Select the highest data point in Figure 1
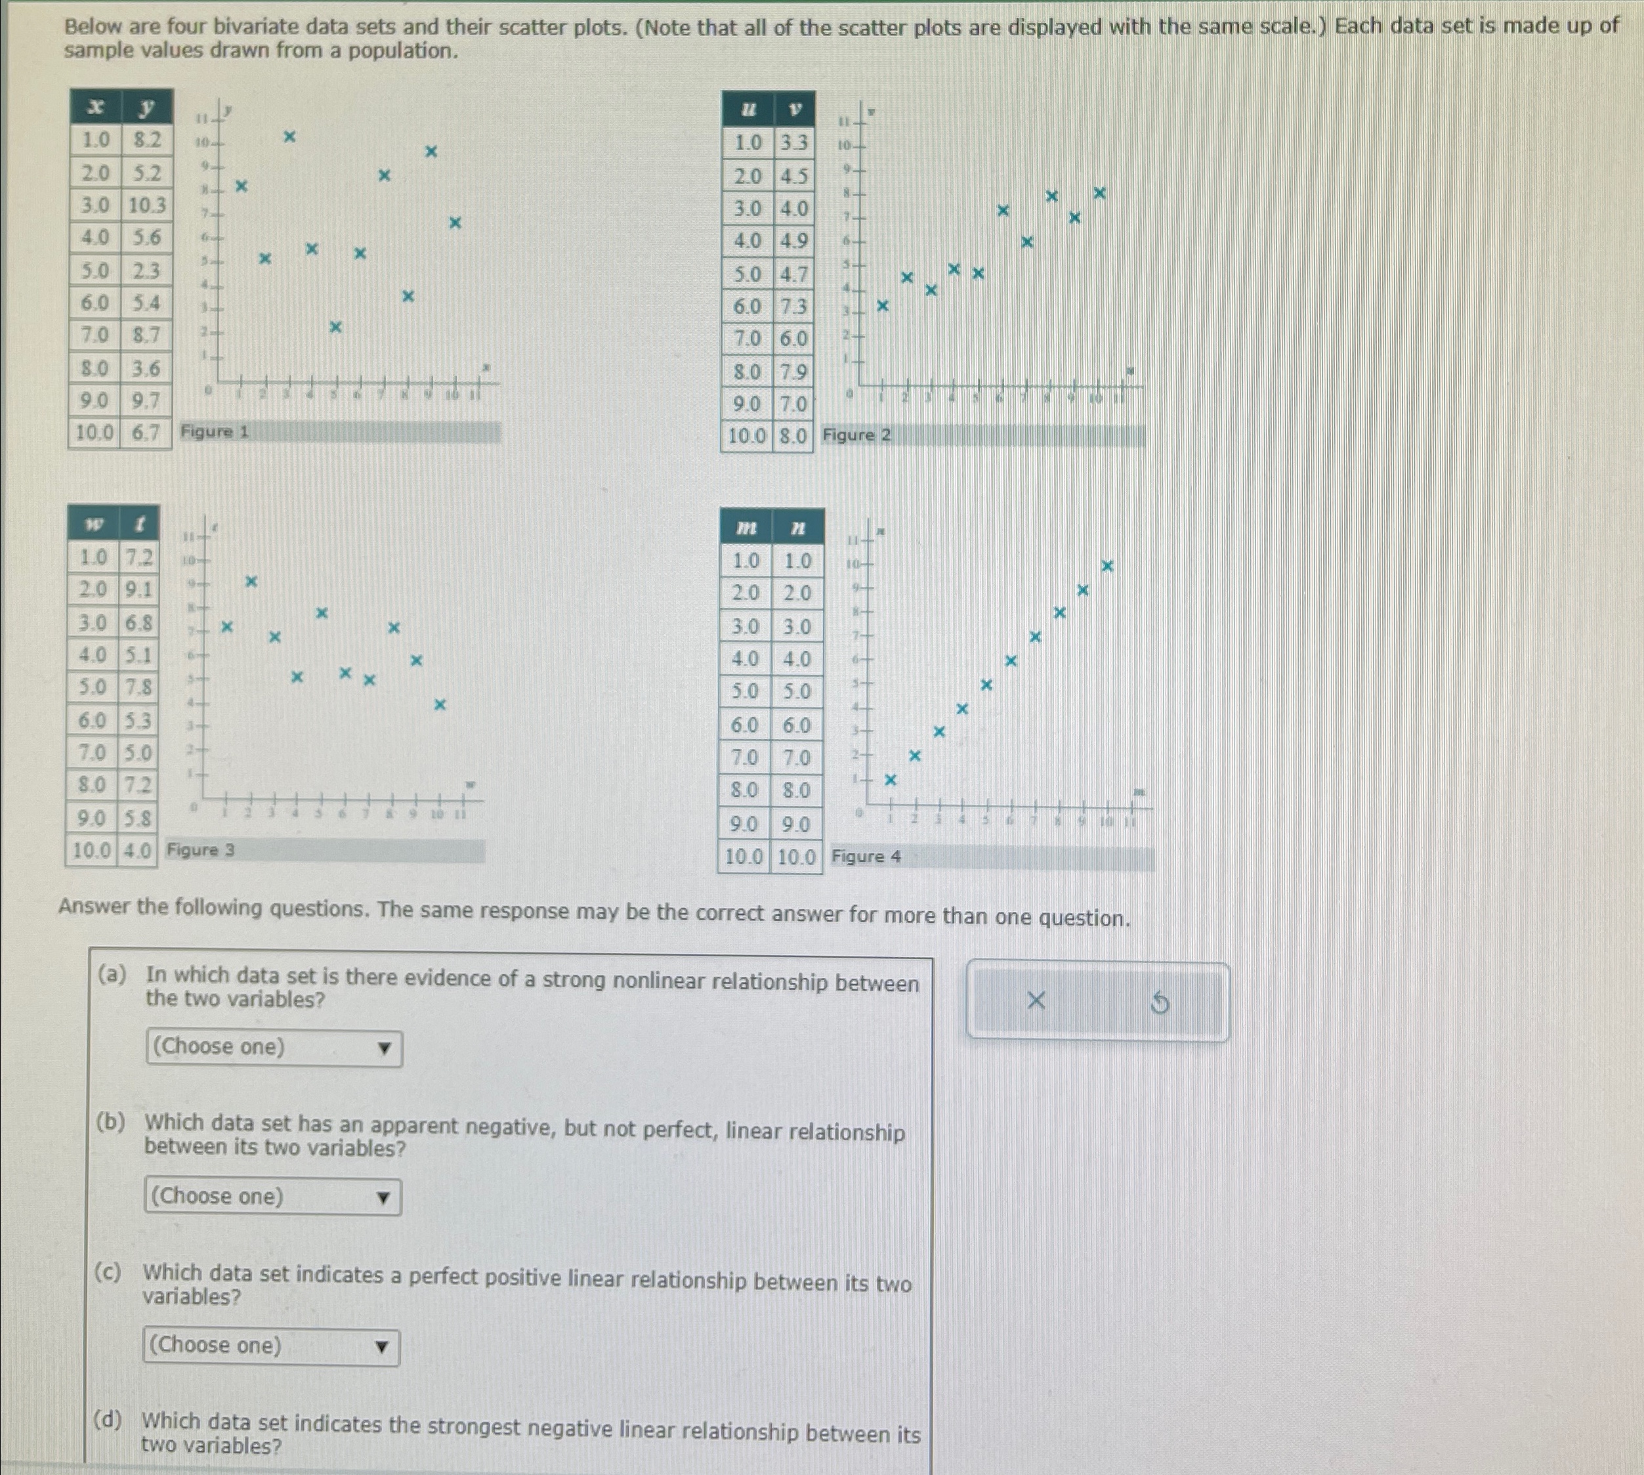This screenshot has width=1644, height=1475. click(x=289, y=137)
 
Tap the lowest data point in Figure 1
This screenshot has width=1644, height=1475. click(x=335, y=327)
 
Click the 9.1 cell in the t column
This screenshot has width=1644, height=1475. click(x=138, y=590)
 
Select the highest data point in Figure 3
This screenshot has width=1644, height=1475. click(x=251, y=581)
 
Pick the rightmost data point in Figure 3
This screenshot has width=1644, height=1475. click(x=440, y=704)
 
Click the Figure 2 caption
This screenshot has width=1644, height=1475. click(x=856, y=435)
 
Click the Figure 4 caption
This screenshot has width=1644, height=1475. click(x=866, y=857)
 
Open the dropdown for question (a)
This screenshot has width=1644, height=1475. click(x=274, y=1048)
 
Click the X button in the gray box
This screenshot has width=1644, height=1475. click(x=1036, y=1002)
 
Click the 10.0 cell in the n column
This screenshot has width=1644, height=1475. click(x=795, y=857)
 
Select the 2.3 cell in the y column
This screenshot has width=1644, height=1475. click(x=146, y=270)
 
